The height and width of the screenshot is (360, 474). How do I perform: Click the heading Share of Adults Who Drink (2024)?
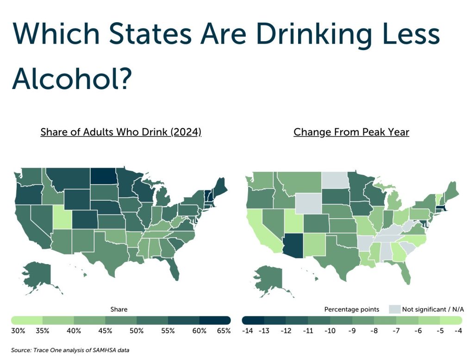pos(121,132)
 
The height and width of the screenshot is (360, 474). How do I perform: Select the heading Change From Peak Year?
pos(351,132)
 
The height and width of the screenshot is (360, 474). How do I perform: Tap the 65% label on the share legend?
pos(224,331)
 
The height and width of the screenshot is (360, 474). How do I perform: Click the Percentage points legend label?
pos(352,309)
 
